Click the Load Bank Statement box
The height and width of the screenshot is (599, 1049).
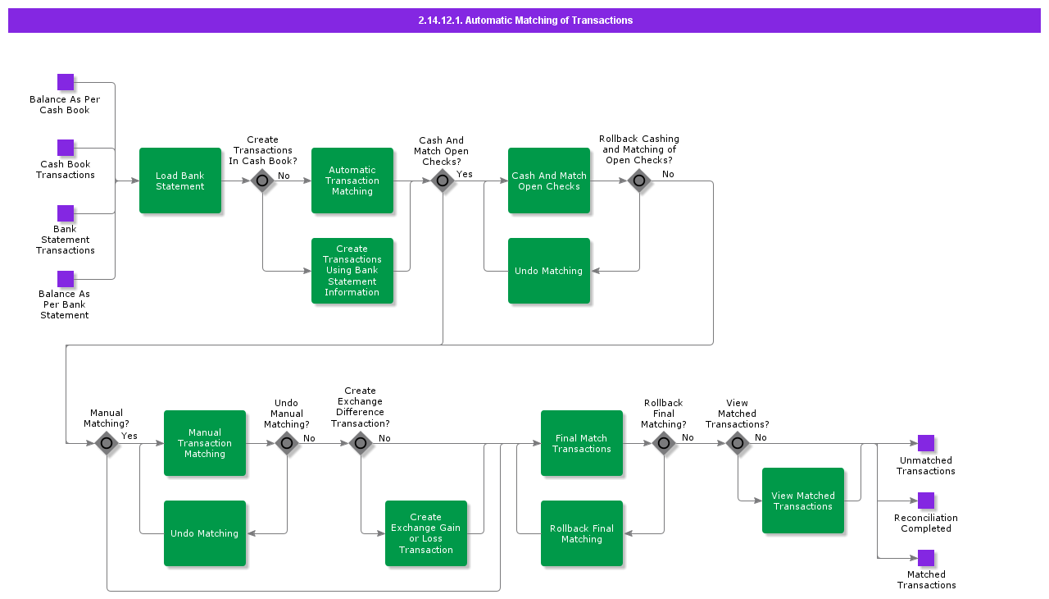(180, 181)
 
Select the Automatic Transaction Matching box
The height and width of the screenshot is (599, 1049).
(352, 181)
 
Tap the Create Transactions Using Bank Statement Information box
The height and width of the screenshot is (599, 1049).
(352, 271)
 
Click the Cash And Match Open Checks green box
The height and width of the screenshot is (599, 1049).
(549, 181)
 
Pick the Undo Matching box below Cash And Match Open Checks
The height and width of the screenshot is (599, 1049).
(549, 271)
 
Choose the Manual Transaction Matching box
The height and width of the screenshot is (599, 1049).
(205, 443)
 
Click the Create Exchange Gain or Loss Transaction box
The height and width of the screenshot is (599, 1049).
(426, 533)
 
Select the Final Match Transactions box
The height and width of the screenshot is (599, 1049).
(582, 443)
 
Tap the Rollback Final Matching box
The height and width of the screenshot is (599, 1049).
(582, 533)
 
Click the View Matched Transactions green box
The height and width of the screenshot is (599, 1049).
(803, 501)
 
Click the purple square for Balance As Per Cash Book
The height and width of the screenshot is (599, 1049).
(66, 82)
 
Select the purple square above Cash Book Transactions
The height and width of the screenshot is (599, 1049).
(66, 148)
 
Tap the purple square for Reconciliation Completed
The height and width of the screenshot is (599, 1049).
(926, 501)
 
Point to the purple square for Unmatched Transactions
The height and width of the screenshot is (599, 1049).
(926, 443)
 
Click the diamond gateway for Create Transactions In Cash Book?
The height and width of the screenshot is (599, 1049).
(262, 181)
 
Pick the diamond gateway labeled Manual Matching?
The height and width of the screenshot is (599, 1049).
(107, 443)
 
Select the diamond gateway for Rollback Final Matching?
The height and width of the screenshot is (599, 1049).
(664, 443)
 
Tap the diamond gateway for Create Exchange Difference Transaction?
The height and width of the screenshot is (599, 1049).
(361, 443)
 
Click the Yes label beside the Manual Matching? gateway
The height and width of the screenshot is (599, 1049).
(129, 436)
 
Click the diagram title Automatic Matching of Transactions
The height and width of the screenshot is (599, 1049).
(524, 21)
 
